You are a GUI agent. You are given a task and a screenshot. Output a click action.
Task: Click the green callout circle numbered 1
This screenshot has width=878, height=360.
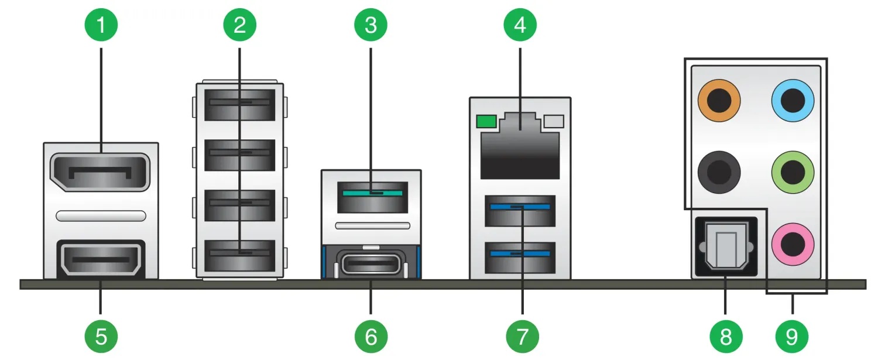click(101, 25)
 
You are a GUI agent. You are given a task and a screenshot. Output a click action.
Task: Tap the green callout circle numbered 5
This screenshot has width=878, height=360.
click(101, 337)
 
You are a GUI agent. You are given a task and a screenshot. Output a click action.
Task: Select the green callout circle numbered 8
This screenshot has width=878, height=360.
click(726, 337)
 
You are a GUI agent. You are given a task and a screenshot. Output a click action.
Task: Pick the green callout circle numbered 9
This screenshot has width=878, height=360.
click(792, 337)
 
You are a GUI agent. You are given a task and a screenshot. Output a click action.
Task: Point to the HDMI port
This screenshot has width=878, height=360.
click(101, 259)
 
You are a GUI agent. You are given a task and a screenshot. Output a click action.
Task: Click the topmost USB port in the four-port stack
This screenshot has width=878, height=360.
click(239, 105)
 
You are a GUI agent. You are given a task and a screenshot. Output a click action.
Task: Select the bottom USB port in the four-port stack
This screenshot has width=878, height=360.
click(239, 255)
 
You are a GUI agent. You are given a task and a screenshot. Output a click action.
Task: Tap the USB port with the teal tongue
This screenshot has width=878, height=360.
click(372, 197)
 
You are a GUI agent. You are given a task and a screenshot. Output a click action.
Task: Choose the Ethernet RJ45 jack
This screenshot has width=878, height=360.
click(520, 146)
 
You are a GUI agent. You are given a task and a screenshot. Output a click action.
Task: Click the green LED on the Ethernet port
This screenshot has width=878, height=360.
click(486, 122)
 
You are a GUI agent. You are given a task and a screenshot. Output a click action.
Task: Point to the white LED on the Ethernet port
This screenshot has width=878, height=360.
click(554, 122)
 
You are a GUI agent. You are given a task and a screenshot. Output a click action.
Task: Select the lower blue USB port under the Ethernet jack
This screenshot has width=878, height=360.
click(520, 258)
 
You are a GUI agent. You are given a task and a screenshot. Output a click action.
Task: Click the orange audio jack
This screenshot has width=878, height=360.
click(719, 101)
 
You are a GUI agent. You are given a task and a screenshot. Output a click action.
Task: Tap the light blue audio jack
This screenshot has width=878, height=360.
click(793, 101)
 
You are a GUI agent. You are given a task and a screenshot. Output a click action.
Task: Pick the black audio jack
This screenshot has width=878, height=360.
click(719, 172)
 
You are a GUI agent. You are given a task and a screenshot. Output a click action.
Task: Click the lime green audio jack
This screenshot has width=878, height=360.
click(793, 172)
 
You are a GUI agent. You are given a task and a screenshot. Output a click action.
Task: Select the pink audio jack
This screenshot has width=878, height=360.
click(793, 244)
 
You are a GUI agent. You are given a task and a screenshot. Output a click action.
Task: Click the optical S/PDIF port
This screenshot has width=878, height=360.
click(726, 247)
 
